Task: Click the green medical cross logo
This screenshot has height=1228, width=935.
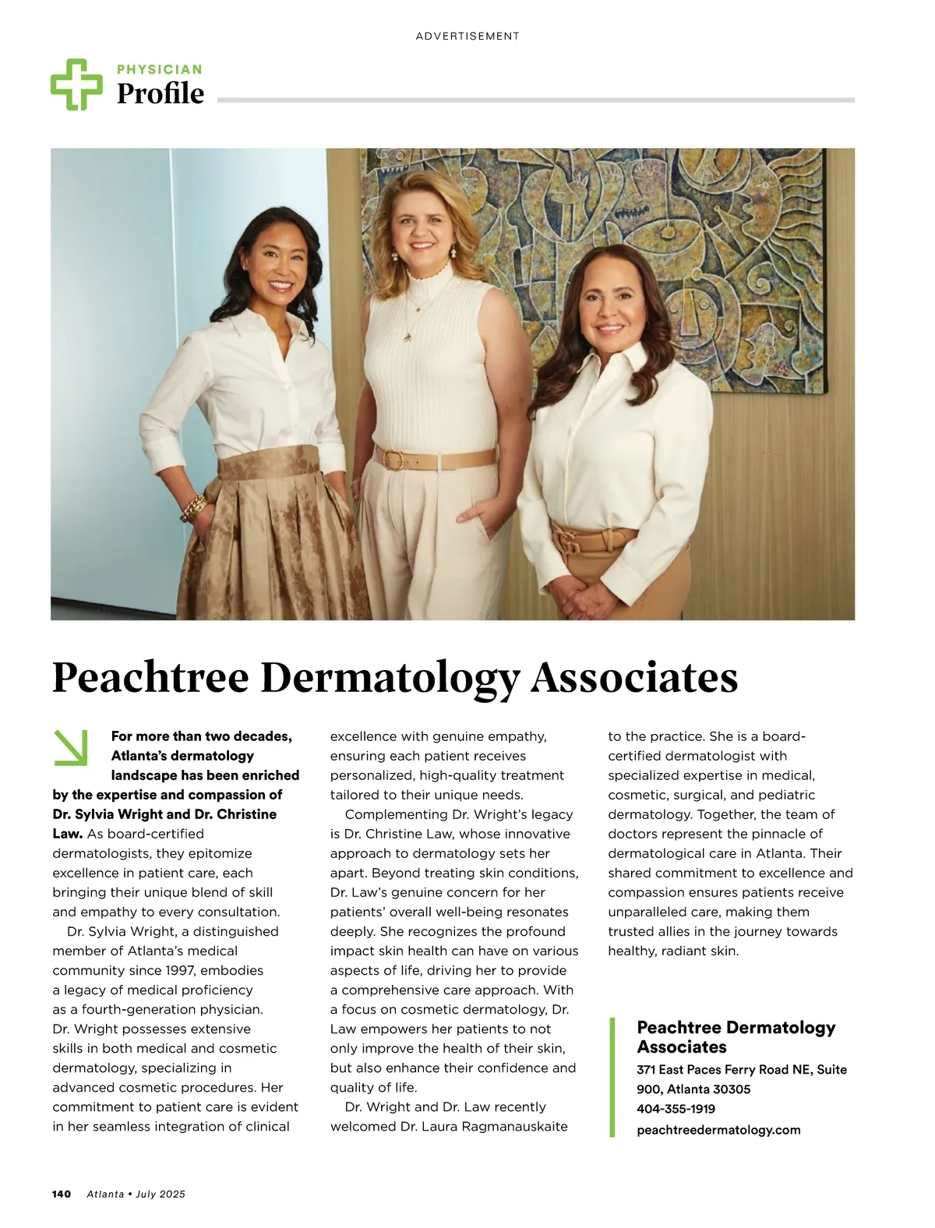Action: click(x=76, y=84)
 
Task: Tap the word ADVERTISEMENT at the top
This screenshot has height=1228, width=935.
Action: click(x=467, y=36)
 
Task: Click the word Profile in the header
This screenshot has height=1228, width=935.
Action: click(x=161, y=94)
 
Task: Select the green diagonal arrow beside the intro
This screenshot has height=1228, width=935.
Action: click(x=71, y=746)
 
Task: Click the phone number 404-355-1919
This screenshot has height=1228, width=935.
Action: click(x=676, y=1109)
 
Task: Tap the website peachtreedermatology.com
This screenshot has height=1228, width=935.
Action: click(x=718, y=1129)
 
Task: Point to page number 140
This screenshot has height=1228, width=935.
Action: click(x=62, y=1194)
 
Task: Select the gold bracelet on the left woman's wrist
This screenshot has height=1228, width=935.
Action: click(x=192, y=508)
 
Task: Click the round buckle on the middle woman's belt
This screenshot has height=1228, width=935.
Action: click(x=390, y=459)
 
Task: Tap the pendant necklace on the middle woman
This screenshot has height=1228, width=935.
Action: click(x=408, y=337)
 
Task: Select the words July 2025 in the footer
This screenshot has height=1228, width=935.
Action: click(x=161, y=1194)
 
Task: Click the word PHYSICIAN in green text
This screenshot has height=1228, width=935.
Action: click(x=159, y=69)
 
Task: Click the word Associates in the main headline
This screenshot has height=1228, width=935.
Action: click(x=634, y=678)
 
